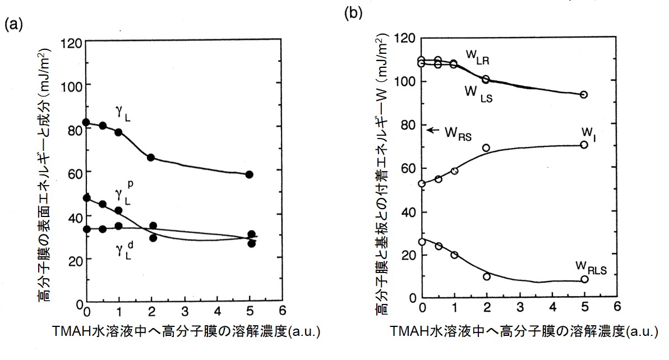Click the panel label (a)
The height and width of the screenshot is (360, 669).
point(13,25)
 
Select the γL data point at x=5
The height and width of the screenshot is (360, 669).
point(250,174)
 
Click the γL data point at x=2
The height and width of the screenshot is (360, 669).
point(151,158)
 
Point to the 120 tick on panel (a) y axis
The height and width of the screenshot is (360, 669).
point(75,42)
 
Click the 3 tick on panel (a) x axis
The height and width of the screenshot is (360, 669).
point(184,310)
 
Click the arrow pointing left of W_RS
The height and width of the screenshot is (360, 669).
point(432,130)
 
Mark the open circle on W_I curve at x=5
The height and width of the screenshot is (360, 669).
point(584,145)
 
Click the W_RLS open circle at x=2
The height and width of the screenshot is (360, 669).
point(486,276)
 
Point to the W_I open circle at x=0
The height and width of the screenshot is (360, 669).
point(422,183)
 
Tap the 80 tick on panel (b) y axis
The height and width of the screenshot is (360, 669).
point(411,125)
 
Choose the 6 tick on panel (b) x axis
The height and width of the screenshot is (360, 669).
point(617,307)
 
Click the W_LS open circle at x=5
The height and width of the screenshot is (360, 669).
point(584,95)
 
